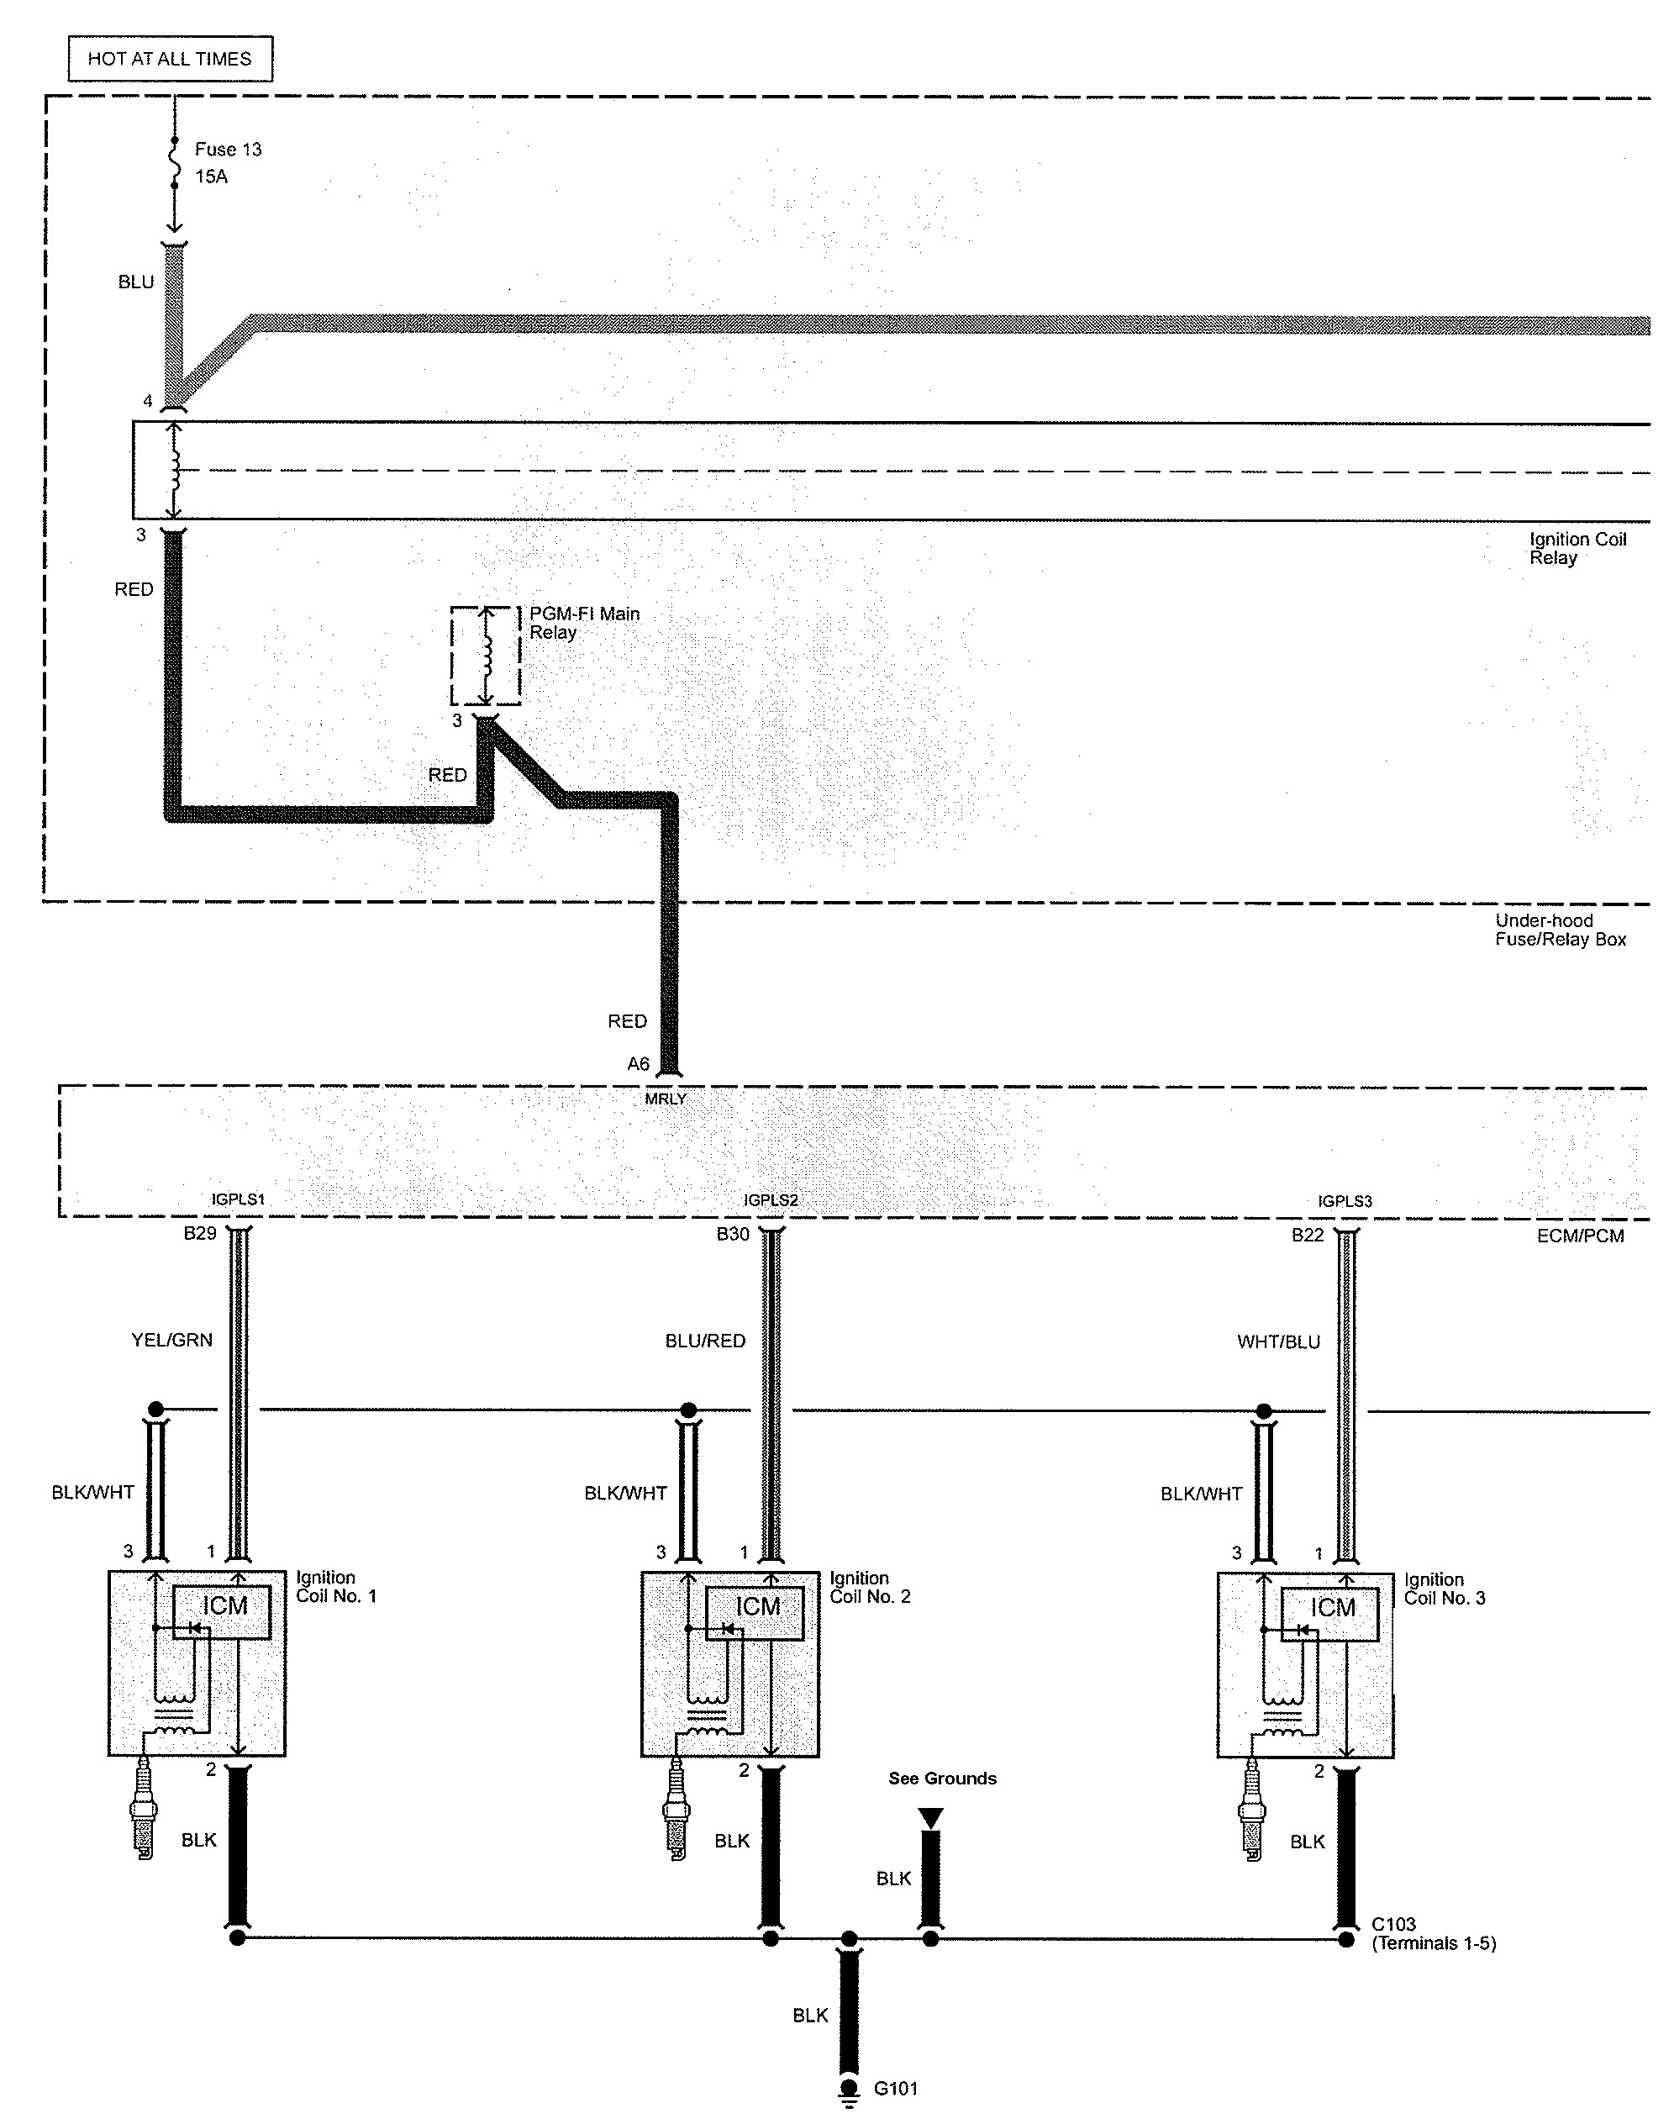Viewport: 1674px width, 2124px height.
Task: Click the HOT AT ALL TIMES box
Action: [170, 59]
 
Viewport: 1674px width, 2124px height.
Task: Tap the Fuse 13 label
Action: [228, 150]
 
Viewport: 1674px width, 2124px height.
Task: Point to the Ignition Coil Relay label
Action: [1577, 549]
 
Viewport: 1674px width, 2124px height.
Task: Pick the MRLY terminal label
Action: [666, 1099]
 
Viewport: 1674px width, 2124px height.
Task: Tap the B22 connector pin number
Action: [1308, 1235]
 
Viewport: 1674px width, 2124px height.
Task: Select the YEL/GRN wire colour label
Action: [171, 1340]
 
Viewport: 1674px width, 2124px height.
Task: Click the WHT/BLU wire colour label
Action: [1278, 1341]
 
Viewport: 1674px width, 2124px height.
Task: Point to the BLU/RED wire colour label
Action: [705, 1341]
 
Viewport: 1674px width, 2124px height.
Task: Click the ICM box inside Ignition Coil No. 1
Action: [224, 1606]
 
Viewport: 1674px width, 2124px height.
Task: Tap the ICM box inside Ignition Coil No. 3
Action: [1332, 1607]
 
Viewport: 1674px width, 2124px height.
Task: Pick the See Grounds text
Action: [942, 1778]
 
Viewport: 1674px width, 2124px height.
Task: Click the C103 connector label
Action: [1392, 1924]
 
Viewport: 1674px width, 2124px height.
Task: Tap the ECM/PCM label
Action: [1580, 1236]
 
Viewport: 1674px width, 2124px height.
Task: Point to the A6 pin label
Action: [638, 1063]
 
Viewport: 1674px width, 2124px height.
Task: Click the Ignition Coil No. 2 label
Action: [869, 1588]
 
